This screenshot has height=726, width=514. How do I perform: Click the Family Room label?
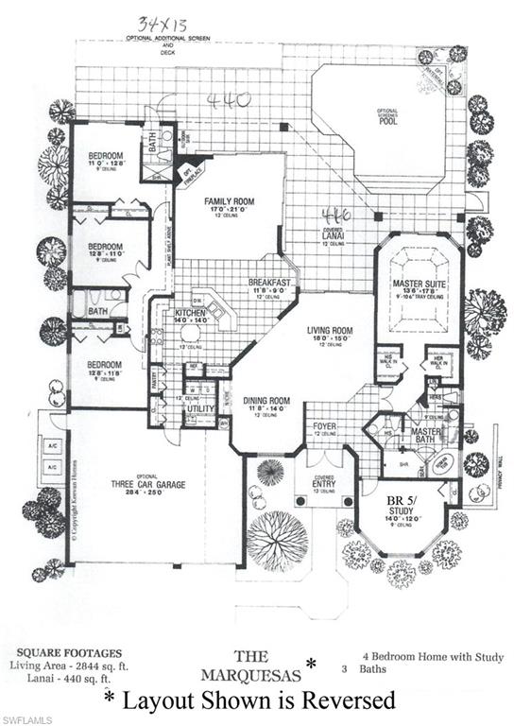(228, 200)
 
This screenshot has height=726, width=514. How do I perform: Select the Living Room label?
(329, 330)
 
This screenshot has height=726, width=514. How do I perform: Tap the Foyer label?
(325, 426)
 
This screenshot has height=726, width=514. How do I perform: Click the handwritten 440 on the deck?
(225, 101)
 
